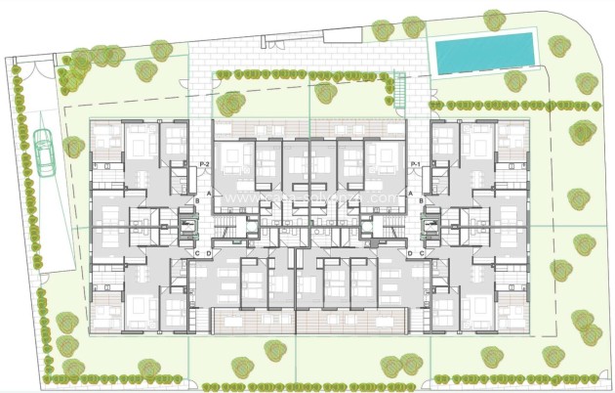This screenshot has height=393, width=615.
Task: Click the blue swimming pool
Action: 485,52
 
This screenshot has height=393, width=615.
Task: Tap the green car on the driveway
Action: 44,153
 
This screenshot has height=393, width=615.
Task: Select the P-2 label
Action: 204,163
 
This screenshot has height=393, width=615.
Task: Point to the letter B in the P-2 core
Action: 197,202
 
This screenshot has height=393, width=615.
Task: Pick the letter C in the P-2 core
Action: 197,253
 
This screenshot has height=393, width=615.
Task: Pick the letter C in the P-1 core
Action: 421,253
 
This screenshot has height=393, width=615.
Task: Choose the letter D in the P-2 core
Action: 208,253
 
